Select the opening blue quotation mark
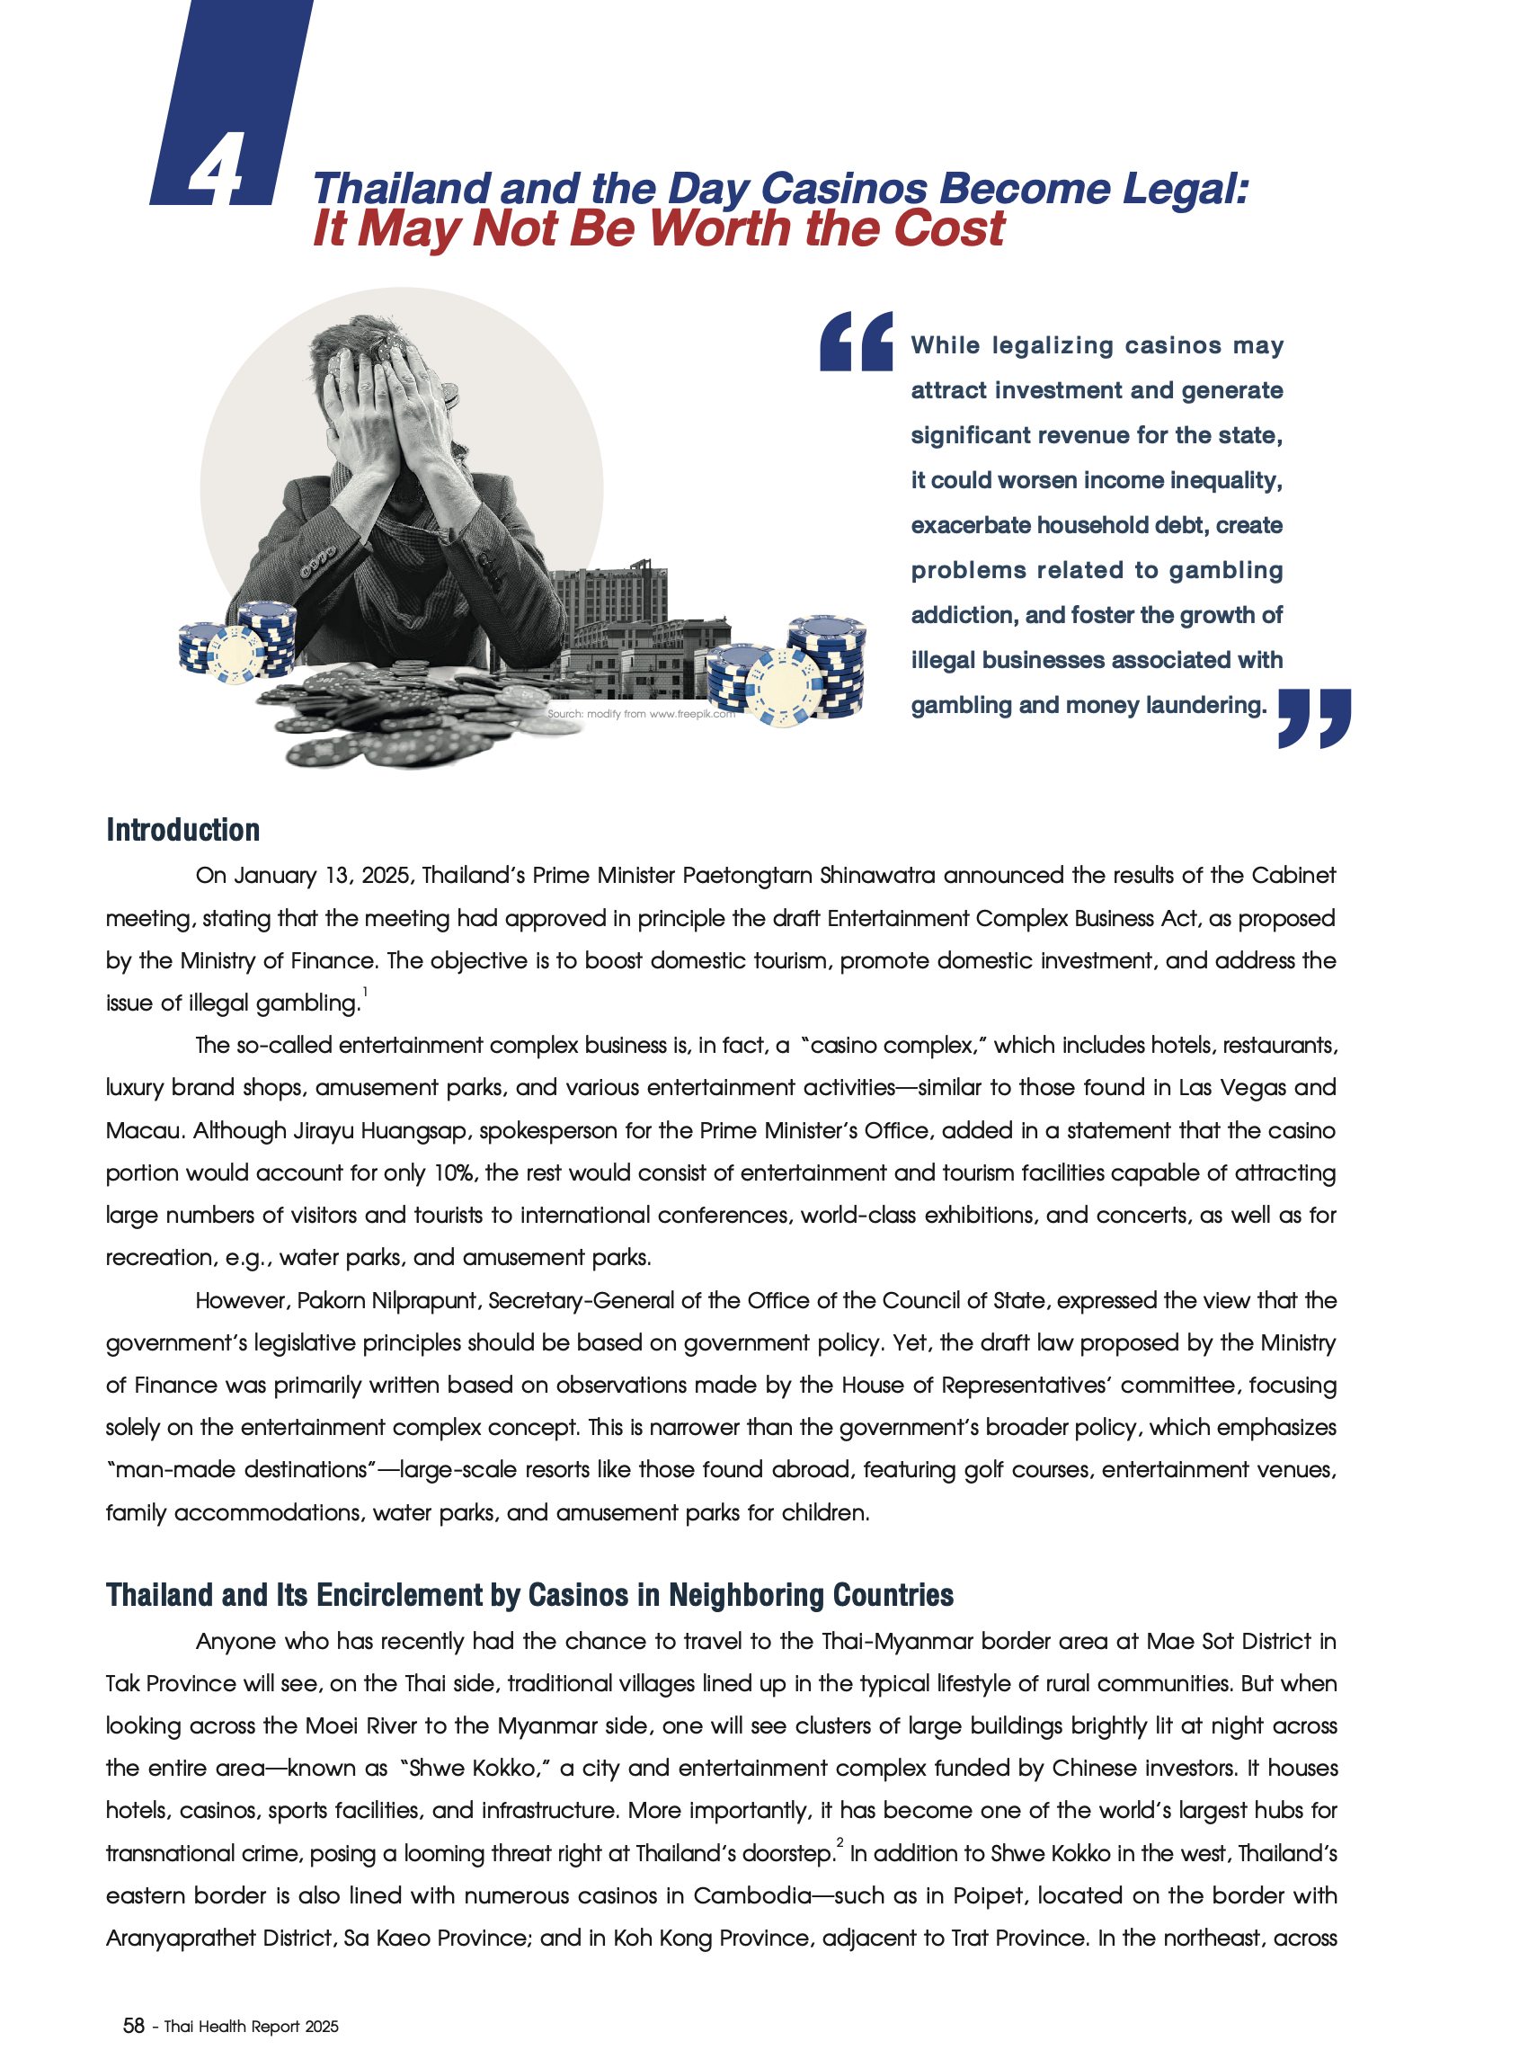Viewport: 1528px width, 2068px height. click(856, 342)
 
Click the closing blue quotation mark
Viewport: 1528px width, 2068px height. click(1313, 718)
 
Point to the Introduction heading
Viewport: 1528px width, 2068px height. click(183, 830)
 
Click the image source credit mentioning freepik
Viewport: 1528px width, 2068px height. click(641, 713)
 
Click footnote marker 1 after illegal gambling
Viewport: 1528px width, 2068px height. click(364, 992)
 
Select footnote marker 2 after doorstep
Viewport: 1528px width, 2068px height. click(840, 1842)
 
